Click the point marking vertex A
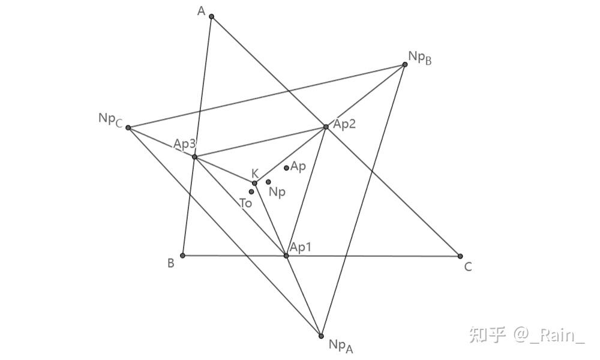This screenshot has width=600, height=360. (212, 16)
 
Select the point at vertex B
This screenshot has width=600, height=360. (182, 255)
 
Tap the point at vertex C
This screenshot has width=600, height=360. (460, 256)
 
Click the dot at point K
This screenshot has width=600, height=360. (254, 183)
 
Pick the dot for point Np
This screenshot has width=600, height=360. (268, 182)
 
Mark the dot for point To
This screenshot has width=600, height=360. (251, 191)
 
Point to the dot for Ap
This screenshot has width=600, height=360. (286, 168)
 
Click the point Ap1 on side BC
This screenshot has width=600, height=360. (286, 256)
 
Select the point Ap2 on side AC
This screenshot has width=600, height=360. (326, 127)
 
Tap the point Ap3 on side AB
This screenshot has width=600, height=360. (194, 157)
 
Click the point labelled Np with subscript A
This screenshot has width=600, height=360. (321, 336)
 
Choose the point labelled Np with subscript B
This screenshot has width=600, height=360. (405, 64)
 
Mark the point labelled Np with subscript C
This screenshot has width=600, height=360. (128, 128)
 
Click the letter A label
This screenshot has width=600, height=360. (201, 11)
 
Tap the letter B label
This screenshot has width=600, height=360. (170, 263)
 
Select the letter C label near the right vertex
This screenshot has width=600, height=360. (468, 266)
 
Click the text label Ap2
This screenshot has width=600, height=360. (344, 124)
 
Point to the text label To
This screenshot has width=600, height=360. (245, 203)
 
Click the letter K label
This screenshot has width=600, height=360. (255, 173)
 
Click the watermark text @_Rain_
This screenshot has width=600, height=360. (549, 335)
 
